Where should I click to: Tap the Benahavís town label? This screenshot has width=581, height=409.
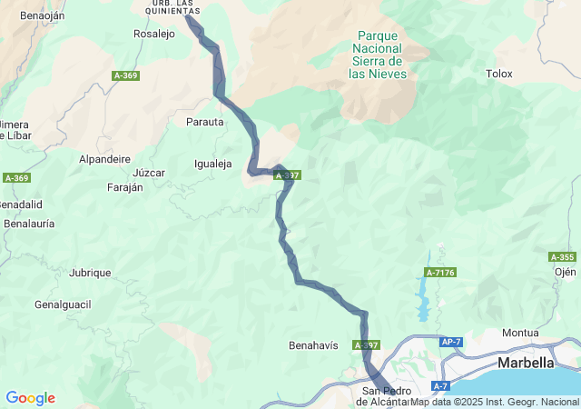pyautogui.click(x=313, y=345)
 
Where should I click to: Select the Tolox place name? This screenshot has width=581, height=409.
pyautogui.click(x=499, y=74)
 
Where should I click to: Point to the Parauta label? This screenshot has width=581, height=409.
pyautogui.click(x=204, y=122)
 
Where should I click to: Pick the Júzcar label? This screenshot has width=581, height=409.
pyautogui.click(x=149, y=173)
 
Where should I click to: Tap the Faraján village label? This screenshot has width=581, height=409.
pyautogui.click(x=125, y=187)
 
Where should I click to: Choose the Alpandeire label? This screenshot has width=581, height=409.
pyautogui.click(x=105, y=158)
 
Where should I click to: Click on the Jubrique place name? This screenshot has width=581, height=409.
pyautogui.click(x=90, y=273)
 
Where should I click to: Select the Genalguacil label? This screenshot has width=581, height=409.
pyautogui.click(x=63, y=304)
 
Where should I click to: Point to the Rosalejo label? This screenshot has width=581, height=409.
pyautogui.click(x=154, y=34)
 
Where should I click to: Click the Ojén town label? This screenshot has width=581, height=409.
pyautogui.click(x=565, y=271)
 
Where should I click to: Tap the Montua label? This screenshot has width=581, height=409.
pyautogui.click(x=520, y=334)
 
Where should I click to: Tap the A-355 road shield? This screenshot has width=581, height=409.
pyautogui.click(x=562, y=257)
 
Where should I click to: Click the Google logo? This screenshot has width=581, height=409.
pyautogui.click(x=30, y=398)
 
